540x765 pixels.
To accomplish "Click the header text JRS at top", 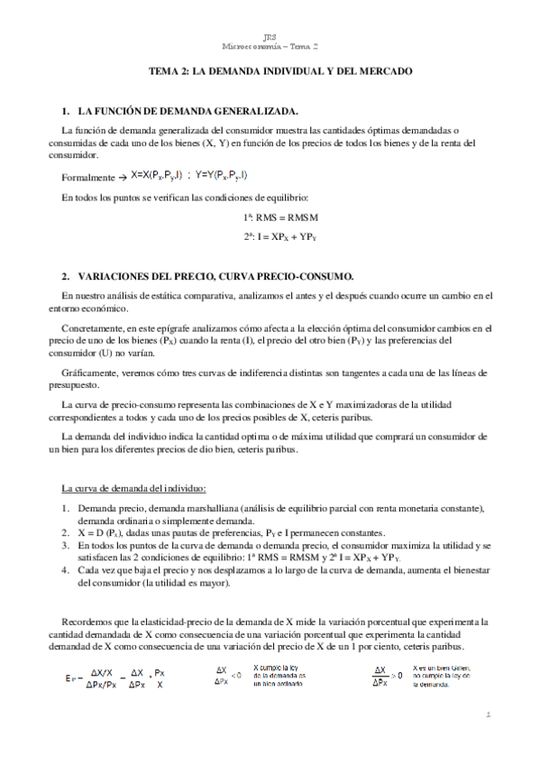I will point(270,36).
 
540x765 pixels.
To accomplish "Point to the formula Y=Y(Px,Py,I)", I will point(215,175).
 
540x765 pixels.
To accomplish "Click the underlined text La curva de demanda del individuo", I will point(134,488).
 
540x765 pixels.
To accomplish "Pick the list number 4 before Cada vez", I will point(66,571).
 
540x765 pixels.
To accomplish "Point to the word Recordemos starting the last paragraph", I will point(92,622).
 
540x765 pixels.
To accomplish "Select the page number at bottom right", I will point(486,715).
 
